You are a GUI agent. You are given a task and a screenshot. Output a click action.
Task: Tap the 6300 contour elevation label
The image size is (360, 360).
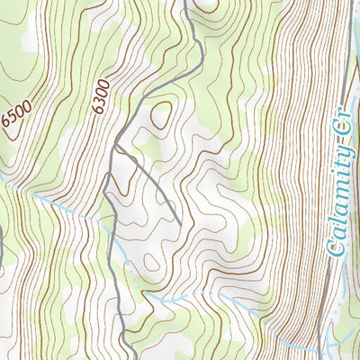tap(101, 95)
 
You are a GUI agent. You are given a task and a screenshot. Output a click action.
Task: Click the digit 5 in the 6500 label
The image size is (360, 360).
tap(13, 120)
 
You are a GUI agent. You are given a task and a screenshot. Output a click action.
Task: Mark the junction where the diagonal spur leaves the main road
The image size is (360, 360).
tap(115, 143)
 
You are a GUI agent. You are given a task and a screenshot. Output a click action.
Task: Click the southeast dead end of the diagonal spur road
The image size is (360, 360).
tap(180, 223)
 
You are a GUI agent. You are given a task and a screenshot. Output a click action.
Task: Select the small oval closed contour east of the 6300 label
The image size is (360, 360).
tap(162, 115)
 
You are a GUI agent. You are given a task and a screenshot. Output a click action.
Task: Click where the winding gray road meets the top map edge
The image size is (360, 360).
tap(185, 2)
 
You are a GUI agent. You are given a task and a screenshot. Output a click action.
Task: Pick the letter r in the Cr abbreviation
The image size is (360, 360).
tap(340, 128)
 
